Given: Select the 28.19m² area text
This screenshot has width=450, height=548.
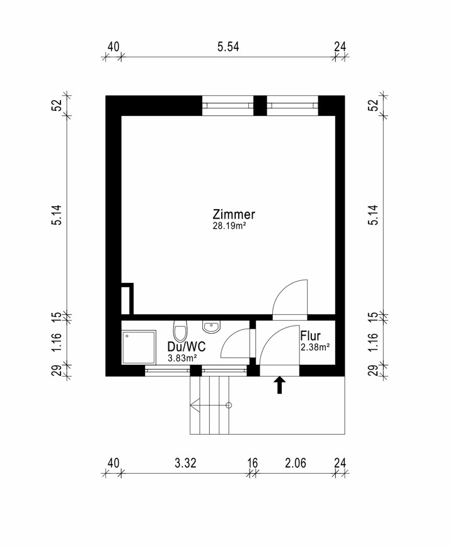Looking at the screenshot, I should click(229, 225).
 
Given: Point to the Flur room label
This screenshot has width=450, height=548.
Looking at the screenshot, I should click(311, 336).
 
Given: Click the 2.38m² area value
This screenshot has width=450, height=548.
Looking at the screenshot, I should click(315, 347).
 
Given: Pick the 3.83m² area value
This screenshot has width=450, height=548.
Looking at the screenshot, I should click(182, 358).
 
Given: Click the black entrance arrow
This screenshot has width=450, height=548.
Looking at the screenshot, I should click(279, 385).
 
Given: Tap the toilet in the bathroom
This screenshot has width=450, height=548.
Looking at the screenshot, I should click(180, 331).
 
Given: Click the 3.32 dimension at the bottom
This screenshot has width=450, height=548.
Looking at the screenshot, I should click(186, 464).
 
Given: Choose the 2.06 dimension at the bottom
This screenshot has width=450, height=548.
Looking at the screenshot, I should click(295, 464).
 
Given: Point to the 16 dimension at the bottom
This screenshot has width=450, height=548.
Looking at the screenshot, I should click(252, 464).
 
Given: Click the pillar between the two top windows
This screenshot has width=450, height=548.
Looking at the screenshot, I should click(260, 105).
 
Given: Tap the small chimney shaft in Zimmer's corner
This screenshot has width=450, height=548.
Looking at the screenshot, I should click(127, 300).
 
